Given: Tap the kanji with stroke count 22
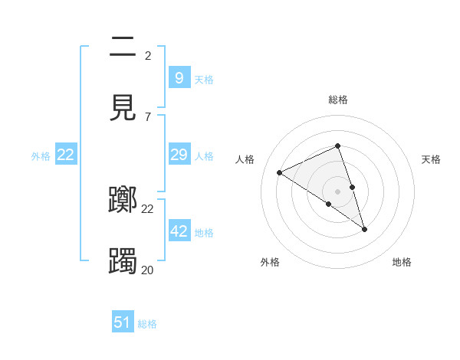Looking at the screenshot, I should (x=123, y=200).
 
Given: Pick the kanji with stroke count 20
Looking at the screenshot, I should (x=123, y=260).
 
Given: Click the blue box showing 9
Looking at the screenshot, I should (x=179, y=77).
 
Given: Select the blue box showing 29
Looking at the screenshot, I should (x=179, y=155).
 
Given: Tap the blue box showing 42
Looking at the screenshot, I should (x=179, y=231).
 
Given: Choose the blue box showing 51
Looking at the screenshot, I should (x=123, y=322).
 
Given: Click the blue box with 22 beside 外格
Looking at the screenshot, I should (x=66, y=155).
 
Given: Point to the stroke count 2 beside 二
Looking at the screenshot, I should (x=148, y=55).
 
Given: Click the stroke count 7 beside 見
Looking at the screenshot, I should (x=148, y=116).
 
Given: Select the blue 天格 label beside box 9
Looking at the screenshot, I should (x=204, y=79).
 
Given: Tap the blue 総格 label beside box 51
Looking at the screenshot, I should (x=147, y=324).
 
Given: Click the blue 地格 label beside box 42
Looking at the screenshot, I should (x=204, y=232).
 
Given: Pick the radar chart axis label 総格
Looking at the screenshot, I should (x=338, y=100).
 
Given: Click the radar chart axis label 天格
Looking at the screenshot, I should (x=432, y=159).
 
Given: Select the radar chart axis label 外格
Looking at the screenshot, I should (x=270, y=262).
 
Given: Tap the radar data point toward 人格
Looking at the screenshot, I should (x=279, y=172).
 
